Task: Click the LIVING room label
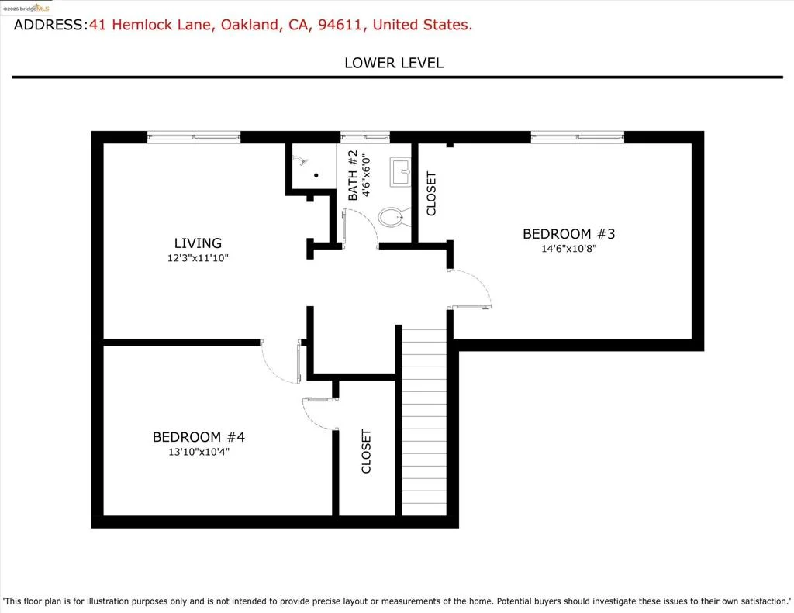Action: (198, 243)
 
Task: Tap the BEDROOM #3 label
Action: (568, 234)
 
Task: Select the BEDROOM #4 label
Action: (198, 437)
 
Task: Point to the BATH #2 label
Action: (353, 174)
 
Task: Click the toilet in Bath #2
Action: (392, 217)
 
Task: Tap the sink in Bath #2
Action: (400, 171)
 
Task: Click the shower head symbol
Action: (301, 160)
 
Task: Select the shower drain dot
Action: (316, 175)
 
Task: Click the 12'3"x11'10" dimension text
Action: (198, 258)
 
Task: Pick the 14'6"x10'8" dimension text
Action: (568, 249)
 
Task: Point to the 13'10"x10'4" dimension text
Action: (198, 452)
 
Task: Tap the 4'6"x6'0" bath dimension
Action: (367, 175)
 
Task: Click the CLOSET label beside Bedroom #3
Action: (431, 194)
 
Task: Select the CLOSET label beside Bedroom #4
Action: (366, 451)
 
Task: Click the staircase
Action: (424, 422)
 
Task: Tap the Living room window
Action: (193, 136)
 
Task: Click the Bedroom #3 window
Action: (577, 136)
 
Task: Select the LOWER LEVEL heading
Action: (394, 63)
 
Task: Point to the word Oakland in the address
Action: (249, 25)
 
